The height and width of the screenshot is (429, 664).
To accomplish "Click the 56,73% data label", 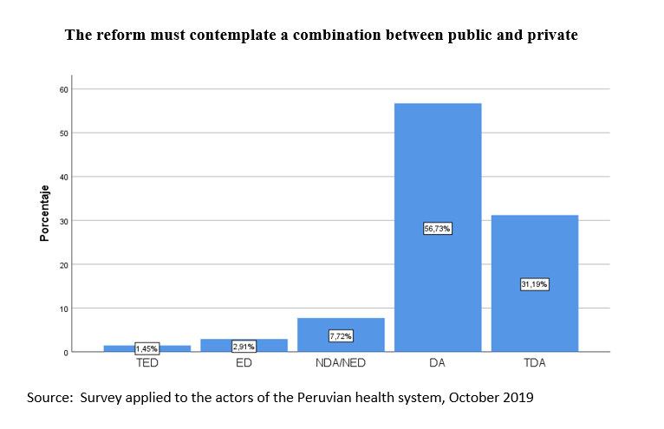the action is click(438, 229).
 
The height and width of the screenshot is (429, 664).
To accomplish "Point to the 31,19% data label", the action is click(535, 284).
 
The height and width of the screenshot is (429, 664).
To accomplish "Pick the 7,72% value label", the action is click(341, 336).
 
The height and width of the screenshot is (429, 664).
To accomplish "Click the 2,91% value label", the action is click(244, 347).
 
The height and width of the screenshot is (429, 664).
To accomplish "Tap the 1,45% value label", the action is click(147, 348).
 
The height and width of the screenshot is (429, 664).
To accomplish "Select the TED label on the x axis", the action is click(147, 363).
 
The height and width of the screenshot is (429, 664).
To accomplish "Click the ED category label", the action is click(244, 363).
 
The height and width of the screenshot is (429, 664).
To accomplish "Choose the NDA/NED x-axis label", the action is click(341, 363).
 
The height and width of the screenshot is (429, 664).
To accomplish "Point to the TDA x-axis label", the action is click(535, 363).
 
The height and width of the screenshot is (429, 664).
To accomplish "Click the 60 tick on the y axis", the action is click(63, 90).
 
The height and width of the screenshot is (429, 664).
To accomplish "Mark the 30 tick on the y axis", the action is click(63, 221).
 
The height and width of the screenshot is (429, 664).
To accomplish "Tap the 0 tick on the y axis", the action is click(66, 353).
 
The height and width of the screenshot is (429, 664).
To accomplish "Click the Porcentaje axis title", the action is click(44, 213).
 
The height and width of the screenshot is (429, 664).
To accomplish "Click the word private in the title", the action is click(552, 35).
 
